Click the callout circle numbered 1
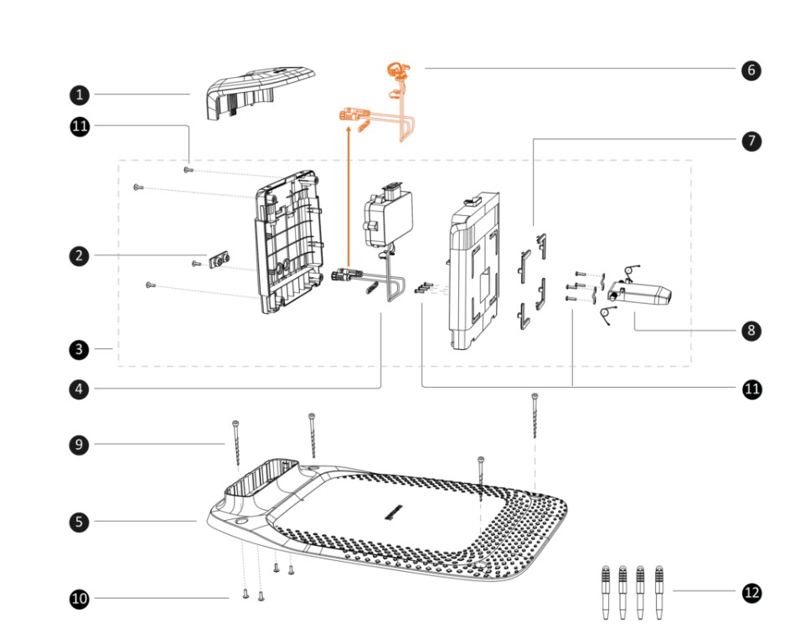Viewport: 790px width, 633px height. pyautogui.click(x=80, y=94)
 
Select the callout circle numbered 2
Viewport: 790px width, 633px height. pyautogui.click(x=80, y=257)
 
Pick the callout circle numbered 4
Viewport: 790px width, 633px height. pyautogui.click(x=80, y=388)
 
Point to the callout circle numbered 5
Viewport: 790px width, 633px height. pyautogui.click(x=80, y=522)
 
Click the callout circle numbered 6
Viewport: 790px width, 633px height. pyautogui.click(x=751, y=69)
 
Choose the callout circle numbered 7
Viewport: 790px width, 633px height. pyautogui.click(x=751, y=141)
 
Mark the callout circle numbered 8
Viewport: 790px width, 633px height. pyautogui.click(x=751, y=330)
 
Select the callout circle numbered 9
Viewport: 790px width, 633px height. pyautogui.click(x=80, y=444)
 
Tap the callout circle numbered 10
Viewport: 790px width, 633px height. pyautogui.click(x=80, y=599)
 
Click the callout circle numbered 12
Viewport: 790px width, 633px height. pyautogui.click(x=751, y=593)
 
